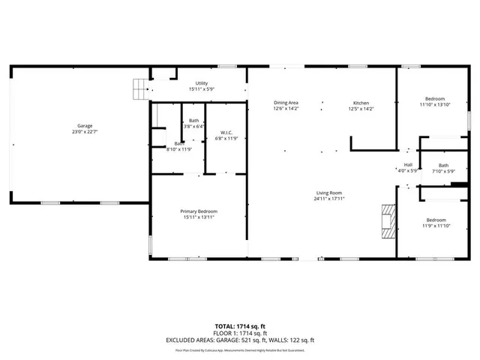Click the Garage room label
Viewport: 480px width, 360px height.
coord(84,125)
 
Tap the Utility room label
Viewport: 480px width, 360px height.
coord(201,83)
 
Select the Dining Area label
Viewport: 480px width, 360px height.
coord(286,103)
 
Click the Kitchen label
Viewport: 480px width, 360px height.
coord(361,103)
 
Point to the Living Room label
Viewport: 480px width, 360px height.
coord(329,193)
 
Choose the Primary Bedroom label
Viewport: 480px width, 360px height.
coord(198,211)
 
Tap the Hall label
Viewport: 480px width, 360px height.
coord(408,164)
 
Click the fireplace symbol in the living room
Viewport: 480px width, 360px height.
coord(386,220)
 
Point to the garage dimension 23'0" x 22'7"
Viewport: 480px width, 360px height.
coord(84,131)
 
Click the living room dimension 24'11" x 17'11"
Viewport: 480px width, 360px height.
coord(329,199)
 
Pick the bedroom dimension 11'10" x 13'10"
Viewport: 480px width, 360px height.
coord(435,105)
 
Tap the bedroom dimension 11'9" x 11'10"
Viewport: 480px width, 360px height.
coord(435,226)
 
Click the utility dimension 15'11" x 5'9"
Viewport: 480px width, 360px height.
coord(201,89)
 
